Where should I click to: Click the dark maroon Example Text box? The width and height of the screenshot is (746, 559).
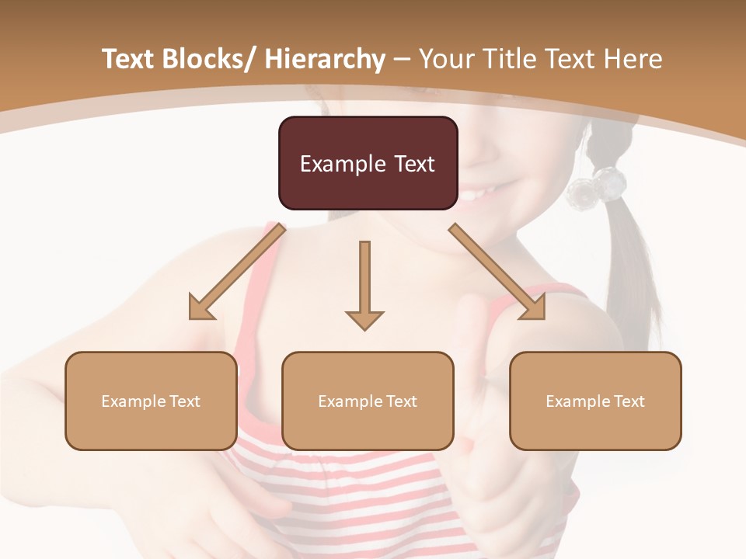tap(368, 163)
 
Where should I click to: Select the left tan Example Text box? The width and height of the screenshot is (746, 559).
tap(151, 401)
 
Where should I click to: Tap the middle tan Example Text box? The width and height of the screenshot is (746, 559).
tap(368, 401)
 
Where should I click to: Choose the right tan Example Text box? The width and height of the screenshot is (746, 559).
tap(595, 401)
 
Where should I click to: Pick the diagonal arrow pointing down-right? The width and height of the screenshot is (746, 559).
tap(498, 273)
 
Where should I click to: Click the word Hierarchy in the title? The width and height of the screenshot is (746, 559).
tap(325, 59)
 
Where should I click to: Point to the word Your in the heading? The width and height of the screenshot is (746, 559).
tap(445, 59)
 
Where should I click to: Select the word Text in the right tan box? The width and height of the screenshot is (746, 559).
tap(629, 401)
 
